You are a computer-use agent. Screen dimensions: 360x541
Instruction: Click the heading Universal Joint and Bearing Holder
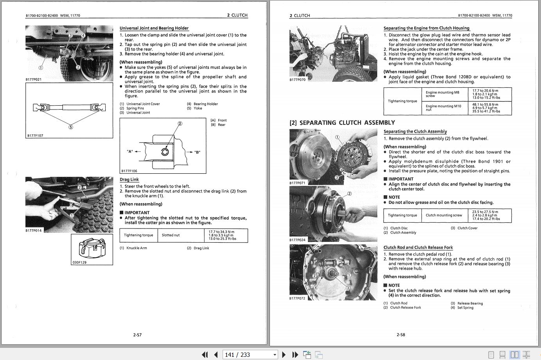(x=154, y=28)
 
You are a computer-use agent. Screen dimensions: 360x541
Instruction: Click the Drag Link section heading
(x=129, y=180)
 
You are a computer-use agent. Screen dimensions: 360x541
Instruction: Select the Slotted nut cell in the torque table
(x=171, y=235)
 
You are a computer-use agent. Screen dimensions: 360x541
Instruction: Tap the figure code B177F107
(x=35, y=135)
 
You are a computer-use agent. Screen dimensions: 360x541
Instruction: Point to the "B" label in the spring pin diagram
(x=197, y=152)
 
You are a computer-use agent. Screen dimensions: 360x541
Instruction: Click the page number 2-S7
(x=137, y=335)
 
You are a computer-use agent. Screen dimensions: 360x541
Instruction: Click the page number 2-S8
(x=401, y=335)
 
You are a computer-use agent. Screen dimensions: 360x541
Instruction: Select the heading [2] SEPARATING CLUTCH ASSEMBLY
(x=342, y=122)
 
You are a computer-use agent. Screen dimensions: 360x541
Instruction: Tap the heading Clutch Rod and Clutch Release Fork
(x=418, y=247)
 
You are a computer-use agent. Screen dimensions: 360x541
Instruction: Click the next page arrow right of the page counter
(x=284, y=355)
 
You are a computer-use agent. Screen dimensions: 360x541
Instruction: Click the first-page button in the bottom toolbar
(x=205, y=355)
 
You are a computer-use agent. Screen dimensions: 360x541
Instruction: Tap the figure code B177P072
(x=297, y=298)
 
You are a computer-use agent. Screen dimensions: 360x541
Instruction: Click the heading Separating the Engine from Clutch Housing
(x=426, y=28)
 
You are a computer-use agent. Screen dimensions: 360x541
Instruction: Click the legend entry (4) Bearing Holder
(x=202, y=104)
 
